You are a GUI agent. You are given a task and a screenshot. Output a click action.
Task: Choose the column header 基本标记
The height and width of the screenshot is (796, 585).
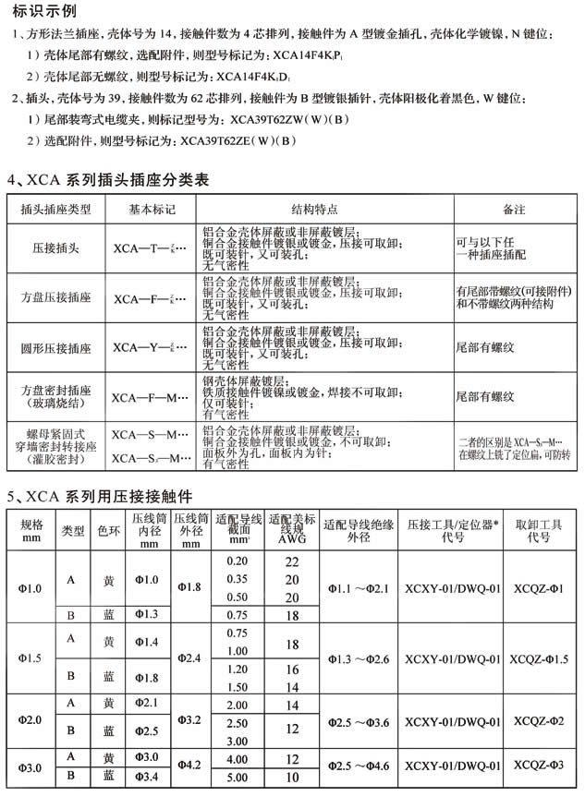pos(152,210)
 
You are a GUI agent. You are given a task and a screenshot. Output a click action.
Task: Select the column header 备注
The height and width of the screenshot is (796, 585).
pos(514,210)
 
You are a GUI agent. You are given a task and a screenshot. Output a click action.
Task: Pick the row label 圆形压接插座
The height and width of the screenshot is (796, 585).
pos(57,349)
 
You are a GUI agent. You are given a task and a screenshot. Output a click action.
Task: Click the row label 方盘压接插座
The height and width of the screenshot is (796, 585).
pos(57,298)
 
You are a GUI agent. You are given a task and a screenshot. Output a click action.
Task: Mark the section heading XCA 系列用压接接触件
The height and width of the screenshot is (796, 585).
pos(115,496)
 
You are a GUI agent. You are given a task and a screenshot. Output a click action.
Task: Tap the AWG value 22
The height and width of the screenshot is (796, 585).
pos(292,561)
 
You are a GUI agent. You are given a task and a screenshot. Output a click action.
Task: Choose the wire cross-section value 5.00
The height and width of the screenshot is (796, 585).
pos(238,778)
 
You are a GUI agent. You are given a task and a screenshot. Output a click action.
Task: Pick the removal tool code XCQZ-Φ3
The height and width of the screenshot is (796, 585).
pos(540,766)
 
